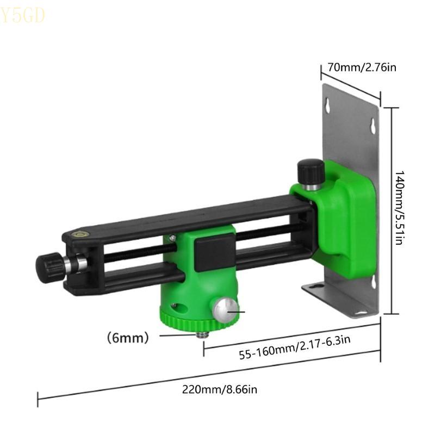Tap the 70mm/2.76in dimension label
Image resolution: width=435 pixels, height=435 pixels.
tap(362, 68)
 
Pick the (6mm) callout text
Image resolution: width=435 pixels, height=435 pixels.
tap(128, 338)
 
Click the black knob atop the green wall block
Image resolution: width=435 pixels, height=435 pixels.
tap(310, 171)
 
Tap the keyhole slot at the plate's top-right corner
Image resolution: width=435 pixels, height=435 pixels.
tap(373, 126)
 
